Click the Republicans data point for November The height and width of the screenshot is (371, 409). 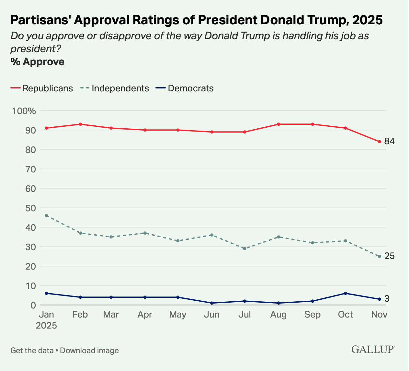379,142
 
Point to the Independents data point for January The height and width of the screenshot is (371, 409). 47,215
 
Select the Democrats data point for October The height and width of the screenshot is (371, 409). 346,293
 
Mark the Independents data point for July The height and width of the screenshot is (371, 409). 245,249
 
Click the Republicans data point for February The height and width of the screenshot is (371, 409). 80,124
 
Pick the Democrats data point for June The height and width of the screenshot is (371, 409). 212,303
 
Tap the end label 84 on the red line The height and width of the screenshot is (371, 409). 389,141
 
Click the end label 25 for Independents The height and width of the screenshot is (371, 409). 389,256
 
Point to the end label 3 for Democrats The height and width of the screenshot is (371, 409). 387,299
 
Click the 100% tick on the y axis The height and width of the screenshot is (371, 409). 24,111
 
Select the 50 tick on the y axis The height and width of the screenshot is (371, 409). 28,208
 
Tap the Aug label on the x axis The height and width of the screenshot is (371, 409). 278,315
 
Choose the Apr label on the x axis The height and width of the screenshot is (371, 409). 145,315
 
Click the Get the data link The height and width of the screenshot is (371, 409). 31,350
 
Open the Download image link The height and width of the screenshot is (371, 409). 89,350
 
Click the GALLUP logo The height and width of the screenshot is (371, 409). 373,349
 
